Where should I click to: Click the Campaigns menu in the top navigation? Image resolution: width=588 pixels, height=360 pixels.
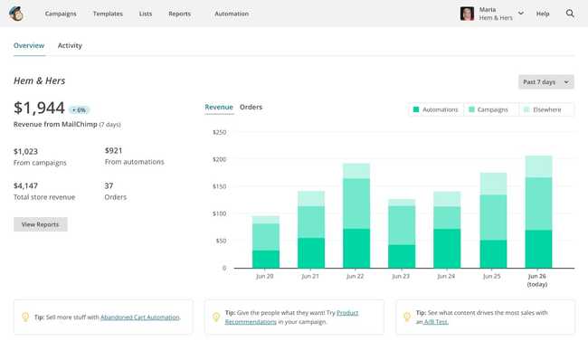click(61, 14)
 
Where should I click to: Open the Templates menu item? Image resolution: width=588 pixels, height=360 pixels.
click(108, 14)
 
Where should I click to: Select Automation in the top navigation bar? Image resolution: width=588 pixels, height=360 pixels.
click(232, 14)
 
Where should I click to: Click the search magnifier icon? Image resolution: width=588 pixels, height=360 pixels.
click(570, 14)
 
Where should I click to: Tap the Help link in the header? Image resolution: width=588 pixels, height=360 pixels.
click(543, 14)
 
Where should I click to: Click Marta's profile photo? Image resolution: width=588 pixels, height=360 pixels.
click(467, 14)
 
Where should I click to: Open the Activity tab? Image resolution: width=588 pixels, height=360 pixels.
click(70, 45)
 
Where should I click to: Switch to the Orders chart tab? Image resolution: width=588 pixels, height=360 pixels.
click(251, 107)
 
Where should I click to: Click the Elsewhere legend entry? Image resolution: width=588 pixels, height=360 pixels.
click(543, 109)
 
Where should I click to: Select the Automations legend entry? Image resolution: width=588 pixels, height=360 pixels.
click(436, 109)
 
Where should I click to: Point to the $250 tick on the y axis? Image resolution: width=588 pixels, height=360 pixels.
click(219, 132)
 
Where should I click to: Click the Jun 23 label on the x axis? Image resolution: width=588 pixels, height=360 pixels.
click(401, 276)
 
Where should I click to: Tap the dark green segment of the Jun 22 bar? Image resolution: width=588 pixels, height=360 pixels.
click(356, 248)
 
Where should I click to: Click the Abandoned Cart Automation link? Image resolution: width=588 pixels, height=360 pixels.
click(140, 317)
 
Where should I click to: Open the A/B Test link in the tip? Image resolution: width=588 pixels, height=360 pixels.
click(436, 322)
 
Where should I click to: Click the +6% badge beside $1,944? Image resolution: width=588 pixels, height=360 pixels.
click(80, 109)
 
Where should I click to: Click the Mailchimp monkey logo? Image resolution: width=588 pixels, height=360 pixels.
click(17, 14)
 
